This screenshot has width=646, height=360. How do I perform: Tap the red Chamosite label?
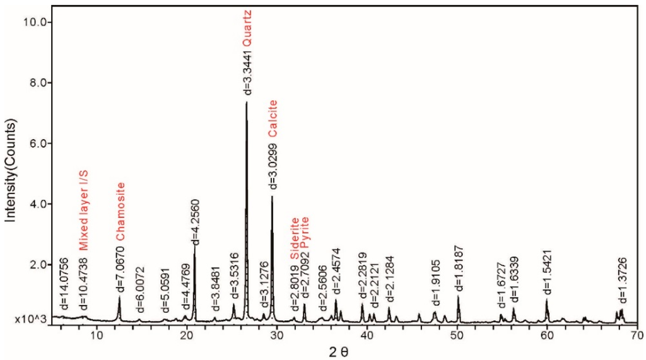pos(120,212)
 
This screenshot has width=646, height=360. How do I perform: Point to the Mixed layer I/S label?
pos(82,211)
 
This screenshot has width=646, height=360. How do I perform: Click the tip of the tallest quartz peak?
pos(246,102)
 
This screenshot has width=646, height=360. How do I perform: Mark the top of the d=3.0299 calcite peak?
pos(272,196)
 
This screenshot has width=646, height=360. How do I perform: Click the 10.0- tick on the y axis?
pos(38,22)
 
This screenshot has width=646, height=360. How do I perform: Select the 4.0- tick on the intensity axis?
pos(38,204)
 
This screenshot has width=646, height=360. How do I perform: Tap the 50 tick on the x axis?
pos(457,334)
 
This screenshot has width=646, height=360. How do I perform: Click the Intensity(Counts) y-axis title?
pos(10,167)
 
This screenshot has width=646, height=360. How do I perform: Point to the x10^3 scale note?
pos(28,319)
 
